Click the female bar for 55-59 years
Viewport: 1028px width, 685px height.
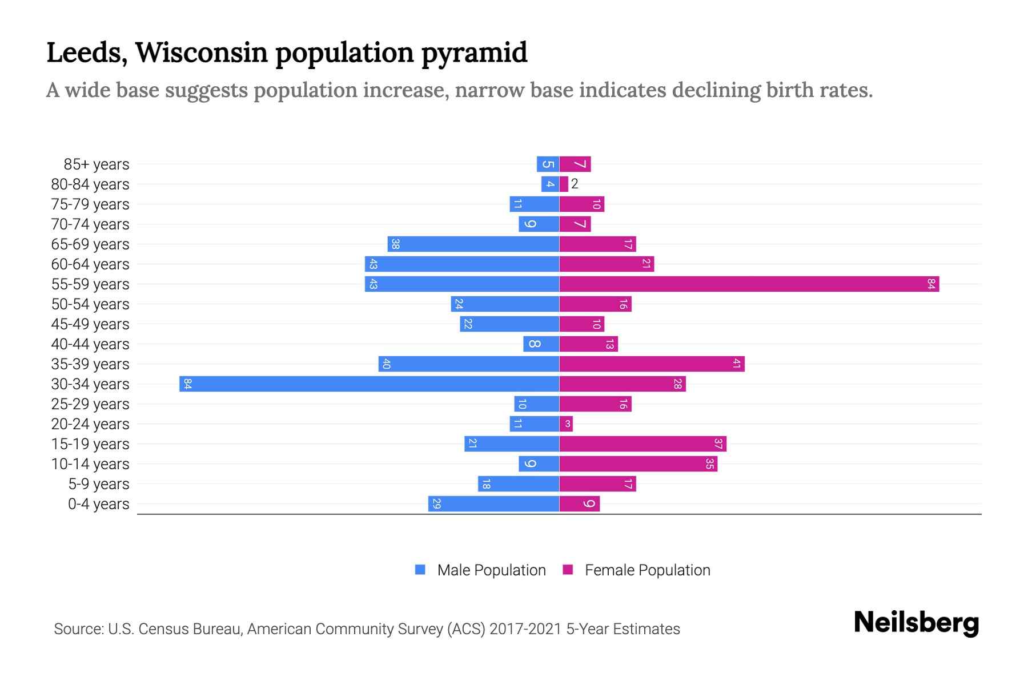(x=749, y=284)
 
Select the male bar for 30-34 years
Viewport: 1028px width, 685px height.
(x=369, y=384)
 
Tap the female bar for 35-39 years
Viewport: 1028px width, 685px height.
(x=652, y=364)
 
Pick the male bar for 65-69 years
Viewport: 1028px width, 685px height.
(x=473, y=244)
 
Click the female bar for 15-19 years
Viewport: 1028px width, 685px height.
(x=642, y=444)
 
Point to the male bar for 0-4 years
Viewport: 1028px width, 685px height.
(x=493, y=503)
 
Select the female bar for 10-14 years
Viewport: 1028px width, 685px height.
(x=638, y=464)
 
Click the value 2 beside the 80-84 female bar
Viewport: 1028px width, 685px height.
(x=575, y=184)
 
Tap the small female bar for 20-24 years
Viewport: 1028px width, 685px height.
(x=566, y=424)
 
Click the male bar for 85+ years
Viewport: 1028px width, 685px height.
(x=548, y=164)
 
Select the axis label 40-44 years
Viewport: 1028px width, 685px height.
(x=90, y=344)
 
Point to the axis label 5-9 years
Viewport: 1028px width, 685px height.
(x=99, y=484)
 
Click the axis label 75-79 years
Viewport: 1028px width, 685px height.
(x=90, y=204)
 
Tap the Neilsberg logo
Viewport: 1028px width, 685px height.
(x=916, y=623)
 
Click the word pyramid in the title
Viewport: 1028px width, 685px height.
(x=474, y=53)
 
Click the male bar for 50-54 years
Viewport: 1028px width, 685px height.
(x=505, y=304)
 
